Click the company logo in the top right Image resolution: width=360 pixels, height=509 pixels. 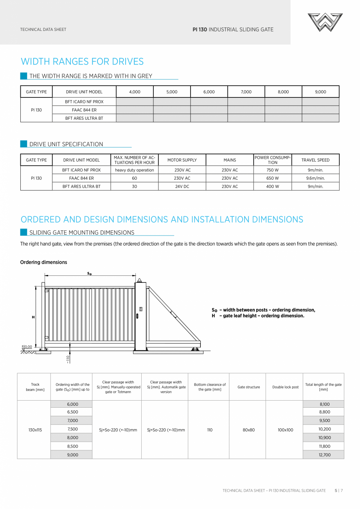(325, 22)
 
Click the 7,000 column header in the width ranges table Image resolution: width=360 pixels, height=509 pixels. (246, 92)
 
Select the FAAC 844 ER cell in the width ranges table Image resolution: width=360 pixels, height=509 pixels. (84, 110)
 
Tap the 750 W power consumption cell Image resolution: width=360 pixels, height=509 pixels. (272, 170)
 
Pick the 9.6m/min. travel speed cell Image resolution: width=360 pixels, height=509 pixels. (315, 178)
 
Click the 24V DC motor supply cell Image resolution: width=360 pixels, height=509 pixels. (182, 187)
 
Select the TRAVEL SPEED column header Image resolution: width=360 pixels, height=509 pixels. (315, 160)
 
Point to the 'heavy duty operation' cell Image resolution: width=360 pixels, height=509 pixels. (134, 170)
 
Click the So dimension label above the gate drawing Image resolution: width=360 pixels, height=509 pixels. (89, 274)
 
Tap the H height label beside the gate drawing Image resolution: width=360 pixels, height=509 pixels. (33, 317)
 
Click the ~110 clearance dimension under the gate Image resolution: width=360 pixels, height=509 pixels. (68, 359)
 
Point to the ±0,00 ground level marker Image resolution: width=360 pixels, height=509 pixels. (27, 347)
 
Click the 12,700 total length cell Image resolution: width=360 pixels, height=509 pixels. (324, 455)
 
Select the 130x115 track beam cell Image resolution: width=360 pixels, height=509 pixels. (35, 430)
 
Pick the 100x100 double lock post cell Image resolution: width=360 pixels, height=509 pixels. (285, 430)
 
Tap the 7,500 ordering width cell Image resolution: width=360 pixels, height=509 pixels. (72, 429)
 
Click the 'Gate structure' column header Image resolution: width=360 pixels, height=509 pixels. (248, 387)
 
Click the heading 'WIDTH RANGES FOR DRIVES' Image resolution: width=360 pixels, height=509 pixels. (82, 61)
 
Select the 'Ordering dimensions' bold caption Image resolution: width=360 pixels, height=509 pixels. (43, 262)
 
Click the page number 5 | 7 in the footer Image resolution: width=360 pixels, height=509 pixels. (338, 490)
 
